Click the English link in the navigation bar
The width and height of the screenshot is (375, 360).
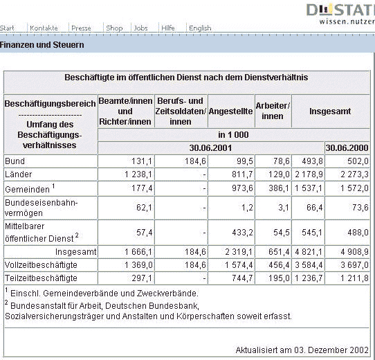[200, 28]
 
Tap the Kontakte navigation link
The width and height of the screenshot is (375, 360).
[44, 28]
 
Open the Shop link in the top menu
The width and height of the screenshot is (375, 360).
[114, 28]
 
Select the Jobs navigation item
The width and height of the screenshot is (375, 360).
[140, 28]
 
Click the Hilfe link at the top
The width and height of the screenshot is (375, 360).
[168, 28]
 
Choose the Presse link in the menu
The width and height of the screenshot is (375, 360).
[81, 28]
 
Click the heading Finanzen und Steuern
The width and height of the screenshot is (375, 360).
[42, 45]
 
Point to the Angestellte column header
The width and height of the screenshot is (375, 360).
[230, 111]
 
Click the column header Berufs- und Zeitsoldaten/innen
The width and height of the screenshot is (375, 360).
[181, 111]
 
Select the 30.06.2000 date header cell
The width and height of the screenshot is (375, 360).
[347, 148]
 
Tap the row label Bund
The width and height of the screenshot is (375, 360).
[15, 161]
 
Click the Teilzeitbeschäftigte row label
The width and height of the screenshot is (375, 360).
[41, 278]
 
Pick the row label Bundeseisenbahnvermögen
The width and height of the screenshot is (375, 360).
[41, 208]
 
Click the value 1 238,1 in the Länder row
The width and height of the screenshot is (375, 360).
[138, 174]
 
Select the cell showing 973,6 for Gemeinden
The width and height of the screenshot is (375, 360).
[242, 188]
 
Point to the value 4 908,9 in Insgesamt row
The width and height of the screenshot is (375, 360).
[354, 252]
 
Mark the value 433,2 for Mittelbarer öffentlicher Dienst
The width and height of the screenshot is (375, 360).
[242, 233]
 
